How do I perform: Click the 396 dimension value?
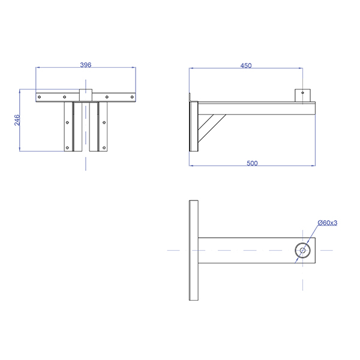[86, 65]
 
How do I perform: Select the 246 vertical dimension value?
[17, 120]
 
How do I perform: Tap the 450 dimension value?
[246, 65]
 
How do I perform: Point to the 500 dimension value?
[252, 163]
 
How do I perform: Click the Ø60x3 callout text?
[328, 223]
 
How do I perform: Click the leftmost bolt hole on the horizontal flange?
[39, 97]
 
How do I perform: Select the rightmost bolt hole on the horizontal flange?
[132, 97]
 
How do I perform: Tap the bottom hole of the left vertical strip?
[67, 148]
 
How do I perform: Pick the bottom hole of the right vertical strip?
[104, 148]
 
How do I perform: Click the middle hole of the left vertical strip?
[67, 122]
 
